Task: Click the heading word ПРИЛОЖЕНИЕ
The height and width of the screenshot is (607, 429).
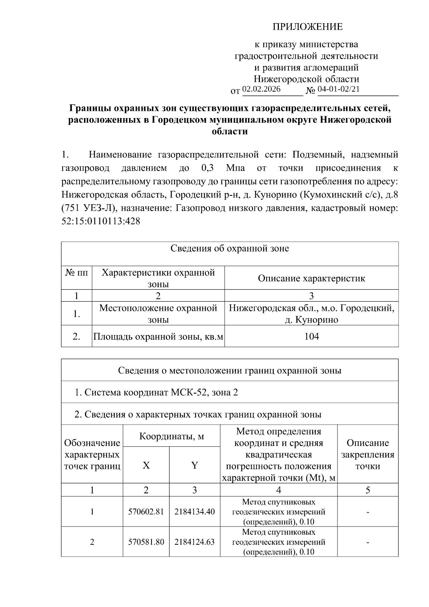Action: point(307,27)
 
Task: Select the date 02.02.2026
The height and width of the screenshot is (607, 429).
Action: point(261,89)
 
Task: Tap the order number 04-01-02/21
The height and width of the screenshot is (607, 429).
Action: point(339,89)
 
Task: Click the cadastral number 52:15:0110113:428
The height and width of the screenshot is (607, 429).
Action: point(101,221)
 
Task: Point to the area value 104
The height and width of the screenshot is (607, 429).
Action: point(311,336)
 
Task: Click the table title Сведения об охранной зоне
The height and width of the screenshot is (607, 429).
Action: point(230,249)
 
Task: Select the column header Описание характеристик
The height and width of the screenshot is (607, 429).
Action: point(311,278)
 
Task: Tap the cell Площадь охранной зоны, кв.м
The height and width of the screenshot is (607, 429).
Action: point(158,336)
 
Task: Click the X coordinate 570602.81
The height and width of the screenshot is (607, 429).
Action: point(146,511)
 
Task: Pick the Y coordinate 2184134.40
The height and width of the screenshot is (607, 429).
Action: point(194,511)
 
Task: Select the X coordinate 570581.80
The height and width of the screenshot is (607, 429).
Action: point(146,542)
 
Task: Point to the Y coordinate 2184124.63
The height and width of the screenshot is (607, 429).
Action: point(194,542)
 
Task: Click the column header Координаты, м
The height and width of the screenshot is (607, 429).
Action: point(171,436)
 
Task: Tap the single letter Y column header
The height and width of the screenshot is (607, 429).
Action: point(194,465)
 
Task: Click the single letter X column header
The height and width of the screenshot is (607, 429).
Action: point(146,465)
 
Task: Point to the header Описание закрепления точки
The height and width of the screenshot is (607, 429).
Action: point(368,454)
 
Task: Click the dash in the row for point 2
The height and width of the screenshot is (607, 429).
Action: point(368,542)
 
